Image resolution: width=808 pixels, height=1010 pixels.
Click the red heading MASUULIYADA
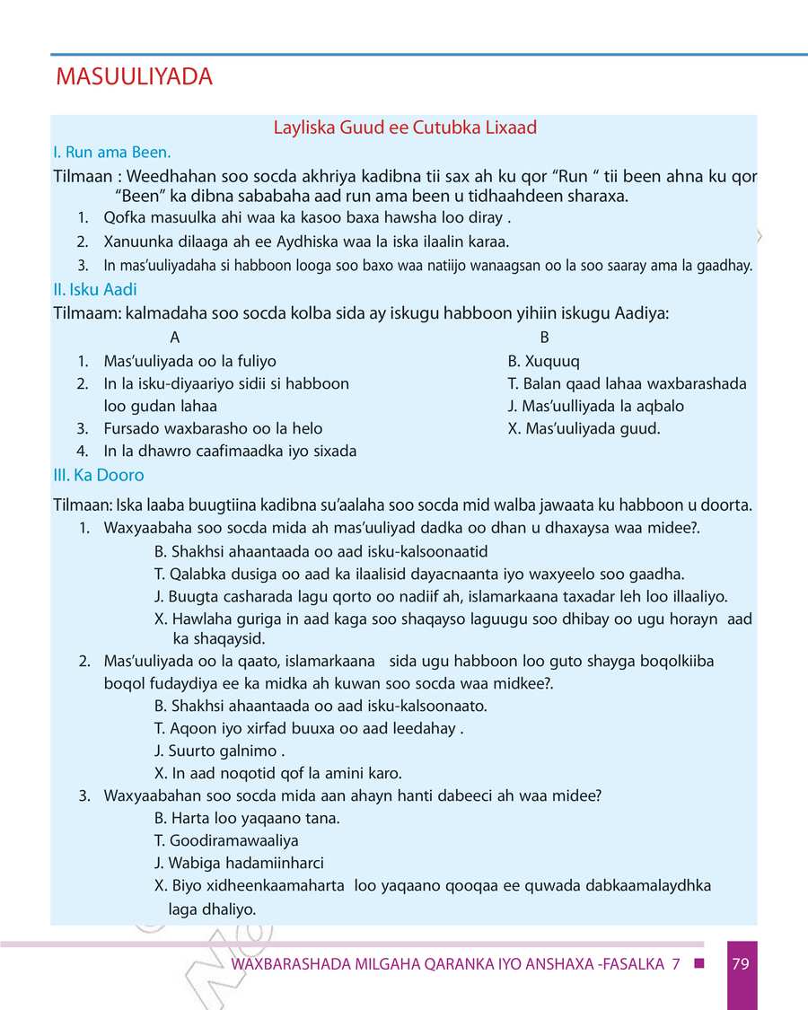[x=134, y=77]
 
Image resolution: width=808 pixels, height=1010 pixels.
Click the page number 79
[x=741, y=965]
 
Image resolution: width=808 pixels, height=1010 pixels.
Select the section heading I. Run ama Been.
[x=112, y=153]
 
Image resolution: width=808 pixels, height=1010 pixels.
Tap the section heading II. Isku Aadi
[x=95, y=290]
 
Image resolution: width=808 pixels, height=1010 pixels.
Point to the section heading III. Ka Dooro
[x=99, y=475]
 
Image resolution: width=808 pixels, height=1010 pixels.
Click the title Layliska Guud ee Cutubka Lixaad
[x=405, y=127]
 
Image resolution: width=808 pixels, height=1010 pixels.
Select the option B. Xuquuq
[x=543, y=362]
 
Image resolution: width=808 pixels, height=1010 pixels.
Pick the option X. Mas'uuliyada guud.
[x=584, y=428]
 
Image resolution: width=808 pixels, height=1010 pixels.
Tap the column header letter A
[x=174, y=338]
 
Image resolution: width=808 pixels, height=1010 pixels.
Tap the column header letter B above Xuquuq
[x=544, y=338]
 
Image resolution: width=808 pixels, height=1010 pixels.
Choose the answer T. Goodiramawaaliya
[x=226, y=841]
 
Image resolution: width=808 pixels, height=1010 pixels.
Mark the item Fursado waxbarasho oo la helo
[x=213, y=428]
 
